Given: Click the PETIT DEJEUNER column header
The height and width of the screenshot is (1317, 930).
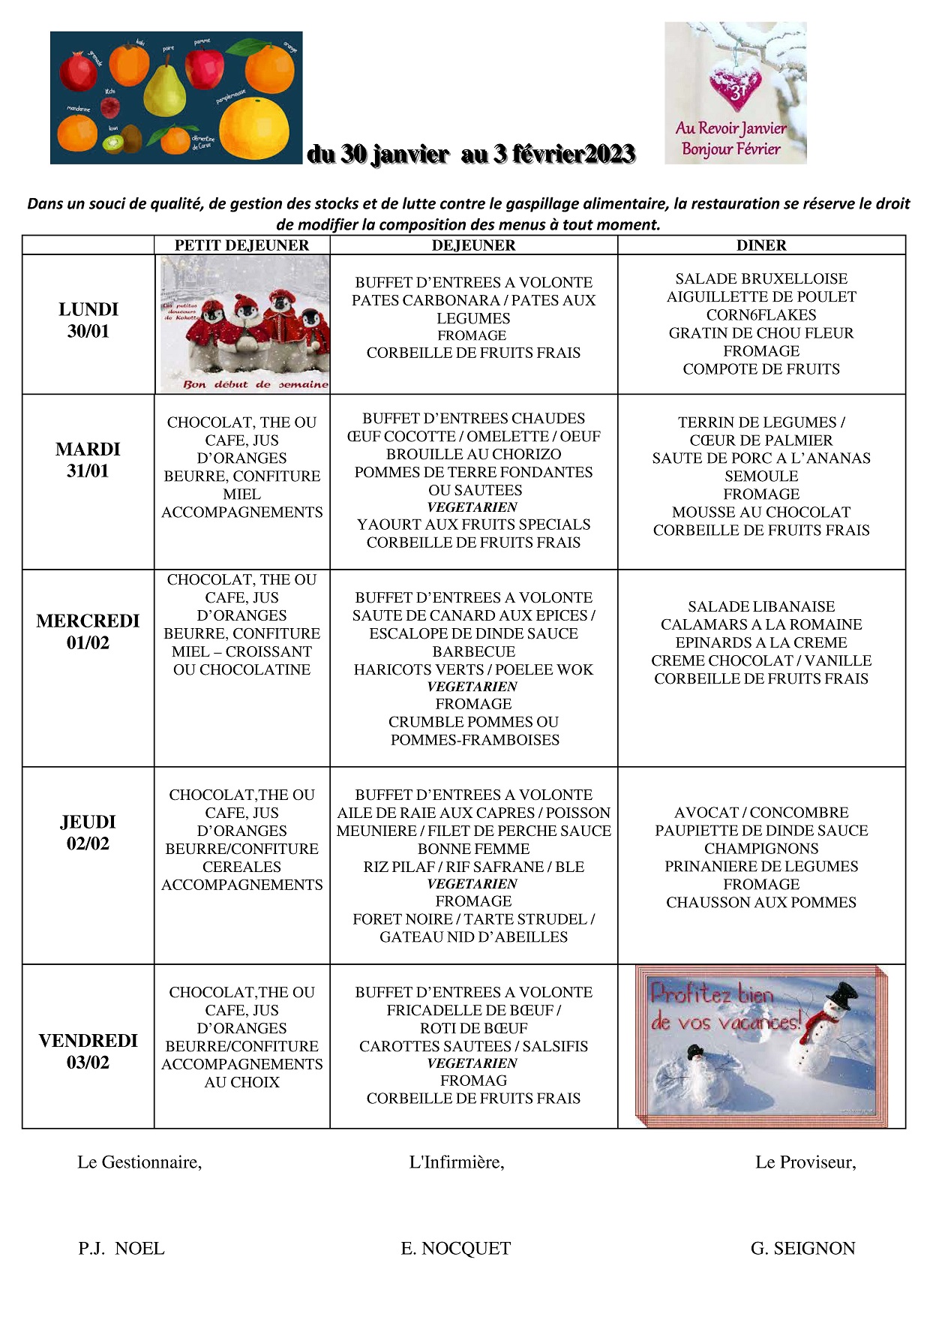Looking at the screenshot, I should click(x=241, y=245).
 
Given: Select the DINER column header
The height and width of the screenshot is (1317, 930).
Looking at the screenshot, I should click(x=761, y=245).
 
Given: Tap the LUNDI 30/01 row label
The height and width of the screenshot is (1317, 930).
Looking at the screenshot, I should click(x=88, y=320).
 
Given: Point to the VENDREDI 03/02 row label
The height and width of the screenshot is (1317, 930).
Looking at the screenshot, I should click(x=88, y=1051).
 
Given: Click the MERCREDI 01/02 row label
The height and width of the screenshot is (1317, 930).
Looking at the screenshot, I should click(x=88, y=632).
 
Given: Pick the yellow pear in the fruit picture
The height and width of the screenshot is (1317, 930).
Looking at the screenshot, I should click(x=164, y=89).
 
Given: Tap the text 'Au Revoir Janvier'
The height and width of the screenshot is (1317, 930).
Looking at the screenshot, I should click(x=730, y=128).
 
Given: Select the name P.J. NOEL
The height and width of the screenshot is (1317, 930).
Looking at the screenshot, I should click(x=121, y=1248).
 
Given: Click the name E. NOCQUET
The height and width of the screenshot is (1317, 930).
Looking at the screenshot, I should click(x=455, y=1248).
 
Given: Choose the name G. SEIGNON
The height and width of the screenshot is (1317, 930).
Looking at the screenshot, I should click(x=802, y=1248).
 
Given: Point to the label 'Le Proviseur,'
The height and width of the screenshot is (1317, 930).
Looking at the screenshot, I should click(x=805, y=1162).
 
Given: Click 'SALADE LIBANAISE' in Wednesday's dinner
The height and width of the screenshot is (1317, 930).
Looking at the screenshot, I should click(x=761, y=606).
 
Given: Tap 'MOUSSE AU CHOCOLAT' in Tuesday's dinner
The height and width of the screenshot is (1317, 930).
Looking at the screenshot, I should click(x=761, y=512).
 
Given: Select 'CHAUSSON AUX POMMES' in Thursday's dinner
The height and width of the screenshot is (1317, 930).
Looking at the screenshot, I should click(x=761, y=902).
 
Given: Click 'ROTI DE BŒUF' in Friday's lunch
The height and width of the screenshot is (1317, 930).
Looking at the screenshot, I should click(x=473, y=1028).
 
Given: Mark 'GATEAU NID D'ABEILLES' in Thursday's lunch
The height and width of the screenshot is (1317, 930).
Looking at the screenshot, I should click(x=473, y=937).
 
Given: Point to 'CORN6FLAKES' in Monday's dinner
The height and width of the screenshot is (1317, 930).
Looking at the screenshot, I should click(x=761, y=314).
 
